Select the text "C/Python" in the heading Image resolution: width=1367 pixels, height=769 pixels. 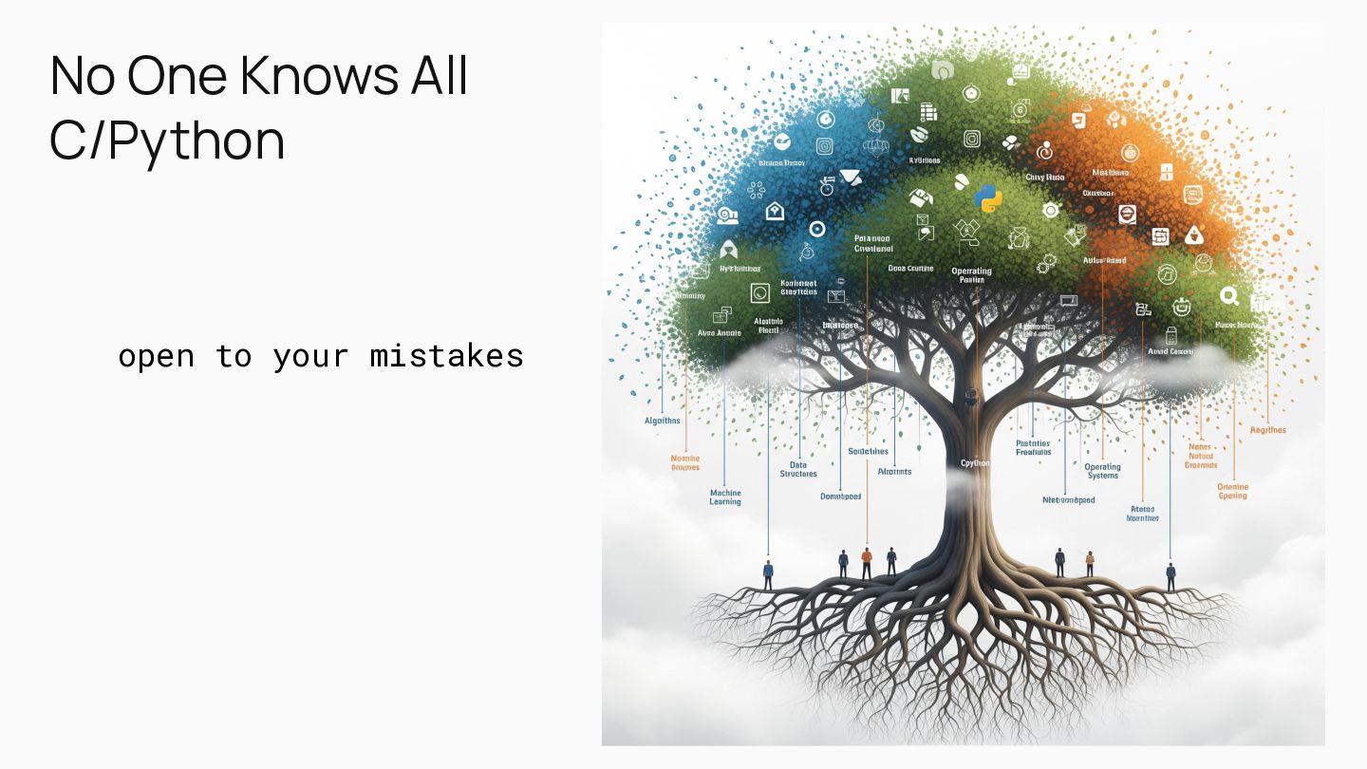[167, 141]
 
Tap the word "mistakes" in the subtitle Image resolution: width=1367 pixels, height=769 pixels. [446, 356]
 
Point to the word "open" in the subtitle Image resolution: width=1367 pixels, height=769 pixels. [156, 356]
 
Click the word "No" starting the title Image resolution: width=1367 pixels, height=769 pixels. [83, 76]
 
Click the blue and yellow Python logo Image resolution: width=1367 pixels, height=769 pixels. [988, 197]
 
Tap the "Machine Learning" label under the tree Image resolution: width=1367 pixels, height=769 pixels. [725, 497]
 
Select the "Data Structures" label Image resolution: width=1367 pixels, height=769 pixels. [798, 469]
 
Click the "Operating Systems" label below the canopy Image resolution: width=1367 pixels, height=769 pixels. [1102, 471]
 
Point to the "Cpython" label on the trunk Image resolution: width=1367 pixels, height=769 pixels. [975, 463]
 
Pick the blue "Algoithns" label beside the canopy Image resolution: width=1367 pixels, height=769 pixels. [662, 421]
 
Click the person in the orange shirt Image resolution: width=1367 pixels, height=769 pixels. [866, 562]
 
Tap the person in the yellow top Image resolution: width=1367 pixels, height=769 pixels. [1089, 563]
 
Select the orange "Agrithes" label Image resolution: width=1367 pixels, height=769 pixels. [1267, 430]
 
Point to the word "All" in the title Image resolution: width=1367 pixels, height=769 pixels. [440, 76]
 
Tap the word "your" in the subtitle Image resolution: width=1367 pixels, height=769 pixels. [301, 356]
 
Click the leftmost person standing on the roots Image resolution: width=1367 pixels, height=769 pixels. [768, 574]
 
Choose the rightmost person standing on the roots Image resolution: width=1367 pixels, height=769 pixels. [1170, 574]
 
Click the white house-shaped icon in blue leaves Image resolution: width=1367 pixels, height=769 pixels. [775, 211]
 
